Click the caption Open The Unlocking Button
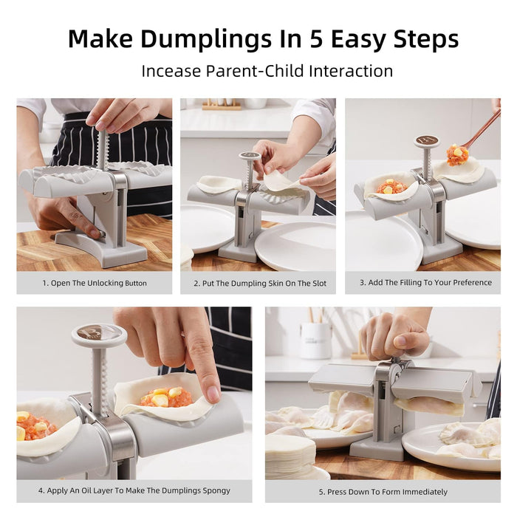point(94,283)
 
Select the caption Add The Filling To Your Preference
point(425,282)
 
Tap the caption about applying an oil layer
point(134,490)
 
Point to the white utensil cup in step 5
point(315,340)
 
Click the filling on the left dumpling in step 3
point(391,187)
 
